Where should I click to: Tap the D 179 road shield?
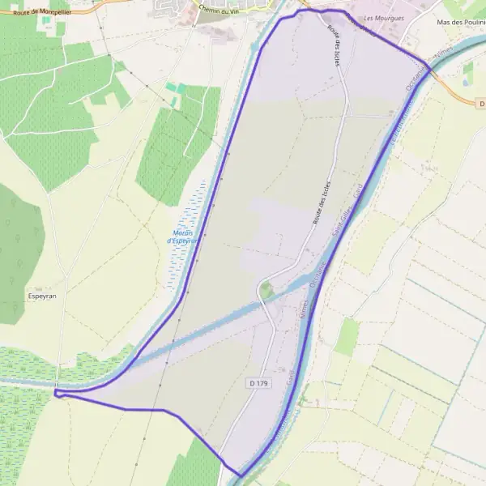256,382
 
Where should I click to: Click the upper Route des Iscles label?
332,40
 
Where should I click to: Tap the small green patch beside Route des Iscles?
266,289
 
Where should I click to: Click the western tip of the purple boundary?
56,393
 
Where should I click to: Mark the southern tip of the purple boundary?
241,475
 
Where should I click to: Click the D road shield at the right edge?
481,104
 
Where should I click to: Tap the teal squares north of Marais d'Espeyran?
176,87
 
